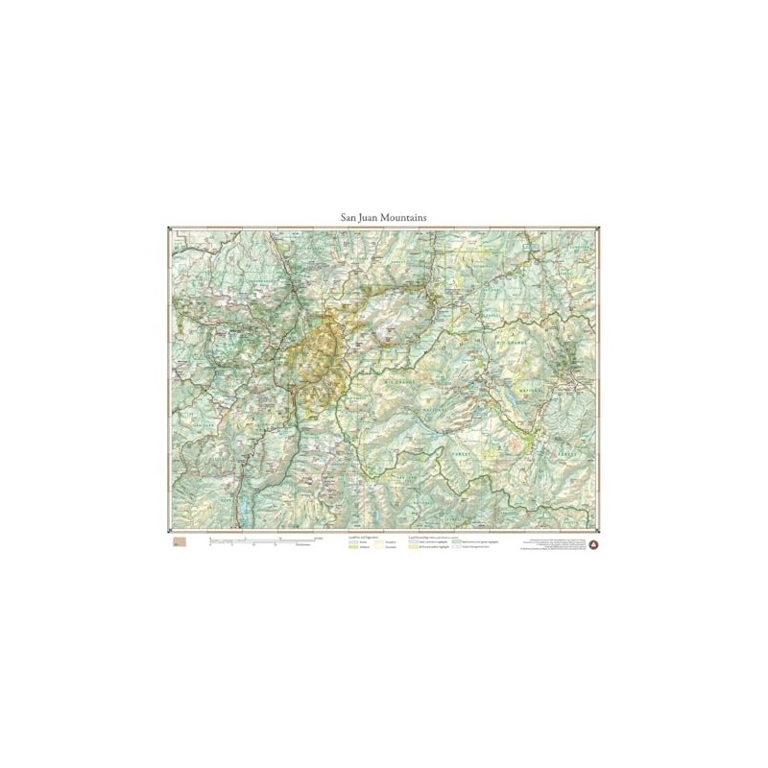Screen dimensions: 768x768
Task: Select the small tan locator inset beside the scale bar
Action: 179,543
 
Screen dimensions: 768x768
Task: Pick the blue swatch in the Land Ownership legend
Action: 413,542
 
